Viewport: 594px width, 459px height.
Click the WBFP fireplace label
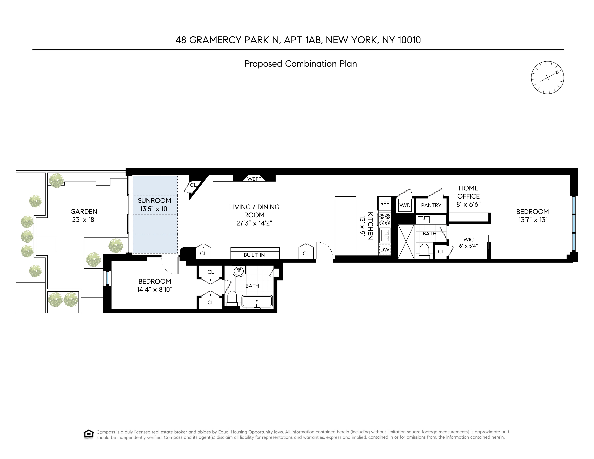tap(254, 179)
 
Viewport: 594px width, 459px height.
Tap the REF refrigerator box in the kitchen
tap(385, 203)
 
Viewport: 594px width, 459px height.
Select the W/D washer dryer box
tap(405, 205)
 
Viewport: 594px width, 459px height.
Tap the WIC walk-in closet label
tap(468, 239)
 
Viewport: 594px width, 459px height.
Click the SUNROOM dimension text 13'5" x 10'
tap(154, 209)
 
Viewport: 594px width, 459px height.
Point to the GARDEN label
tap(84, 211)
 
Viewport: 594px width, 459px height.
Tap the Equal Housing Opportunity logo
tap(89, 434)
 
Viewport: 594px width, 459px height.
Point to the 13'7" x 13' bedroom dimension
tap(532, 220)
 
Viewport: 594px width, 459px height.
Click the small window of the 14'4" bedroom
tap(107, 278)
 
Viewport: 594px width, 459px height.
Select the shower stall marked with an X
tap(406, 241)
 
